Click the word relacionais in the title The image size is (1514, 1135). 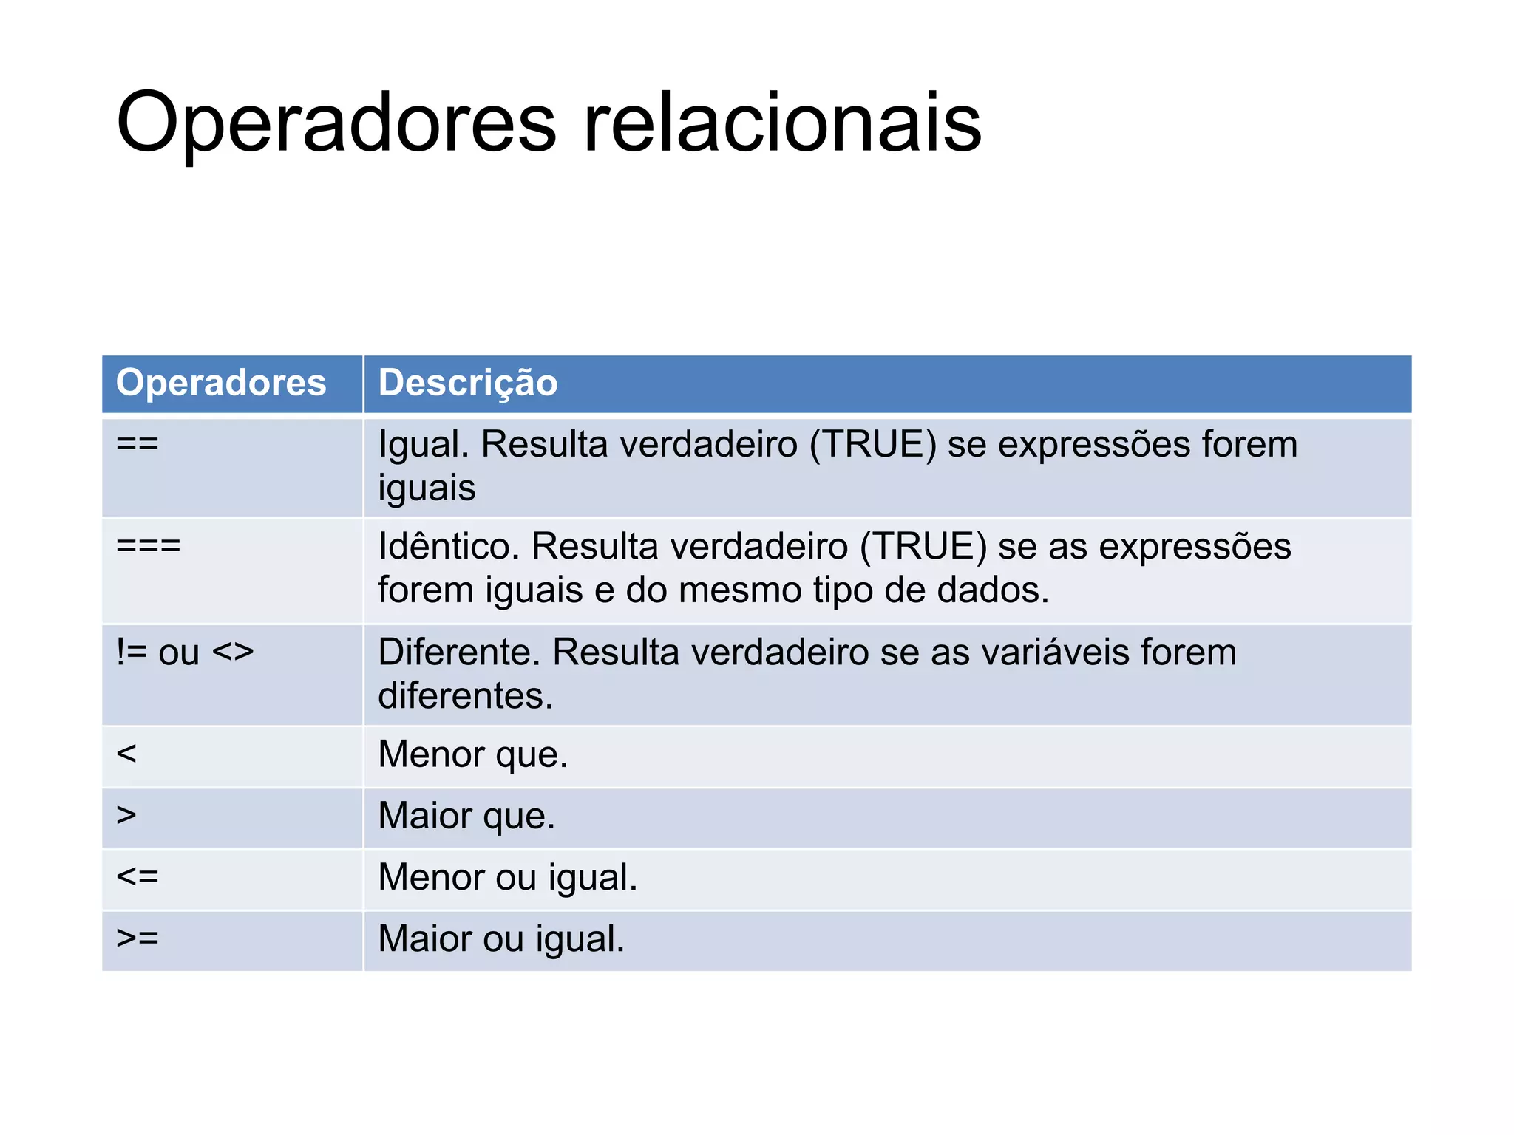point(782,123)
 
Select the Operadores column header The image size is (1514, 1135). point(221,383)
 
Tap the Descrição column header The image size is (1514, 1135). point(468,383)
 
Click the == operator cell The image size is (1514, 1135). point(138,444)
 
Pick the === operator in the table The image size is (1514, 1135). point(149,546)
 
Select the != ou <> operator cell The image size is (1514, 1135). point(185,652)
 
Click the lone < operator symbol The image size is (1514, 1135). point(126,754)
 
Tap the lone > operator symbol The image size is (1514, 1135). point(126,815)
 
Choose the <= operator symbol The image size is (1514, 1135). point(138,876)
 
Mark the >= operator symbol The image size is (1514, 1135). point(138,938)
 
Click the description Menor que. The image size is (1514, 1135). point(473,754)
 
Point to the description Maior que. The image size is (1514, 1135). point(466,816)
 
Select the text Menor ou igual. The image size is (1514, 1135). point(508,877)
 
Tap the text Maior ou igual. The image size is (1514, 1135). point(501,938)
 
